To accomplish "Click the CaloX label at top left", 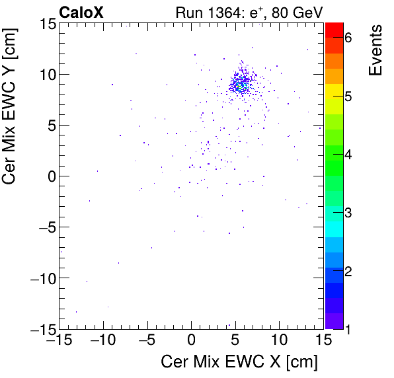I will coord(81,13).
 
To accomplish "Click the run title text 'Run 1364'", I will coord(202,13).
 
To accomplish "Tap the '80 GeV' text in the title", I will coord(294,13).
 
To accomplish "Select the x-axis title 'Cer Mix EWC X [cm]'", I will coord(239,362).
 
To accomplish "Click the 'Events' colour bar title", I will coord(375,50).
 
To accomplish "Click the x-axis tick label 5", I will coord(235,341).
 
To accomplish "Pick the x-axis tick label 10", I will coord(280,341).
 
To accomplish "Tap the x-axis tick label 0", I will coord(192,341).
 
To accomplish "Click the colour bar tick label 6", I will coord(348,38).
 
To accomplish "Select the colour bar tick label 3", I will coord(348,213).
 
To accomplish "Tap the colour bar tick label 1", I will coord(348,328).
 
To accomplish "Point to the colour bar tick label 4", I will coord(348,155).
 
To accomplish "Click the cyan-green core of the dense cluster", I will coord(241,85).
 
